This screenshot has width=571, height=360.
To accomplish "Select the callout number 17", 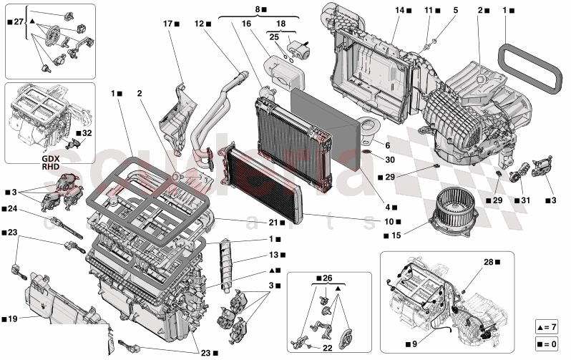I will coord(167,24).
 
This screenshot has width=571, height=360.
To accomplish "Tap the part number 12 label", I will coord(199,24).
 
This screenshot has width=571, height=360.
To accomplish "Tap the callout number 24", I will coord(13,209).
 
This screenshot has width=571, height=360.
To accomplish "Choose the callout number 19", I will coord(13,319).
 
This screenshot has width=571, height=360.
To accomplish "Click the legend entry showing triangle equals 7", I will coord(547,327).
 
